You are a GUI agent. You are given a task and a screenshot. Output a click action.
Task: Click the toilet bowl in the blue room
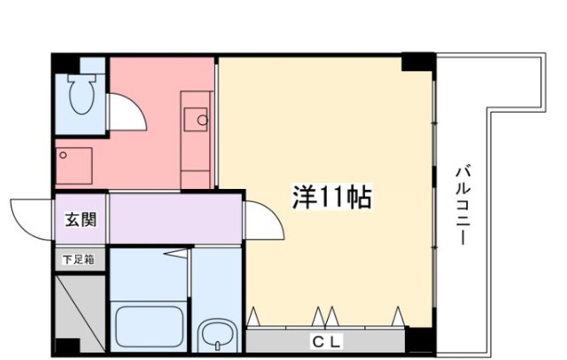(x=82, y=96)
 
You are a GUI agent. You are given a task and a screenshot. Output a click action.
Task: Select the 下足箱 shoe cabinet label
(x=80, y=260)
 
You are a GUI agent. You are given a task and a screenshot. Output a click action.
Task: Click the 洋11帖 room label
(x=332, y=198)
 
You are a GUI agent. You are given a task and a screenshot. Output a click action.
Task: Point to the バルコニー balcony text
(x=462, y=206)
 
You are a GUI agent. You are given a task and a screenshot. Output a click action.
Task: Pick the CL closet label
(x=324, y=341)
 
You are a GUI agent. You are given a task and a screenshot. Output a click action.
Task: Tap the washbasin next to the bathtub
(x=216, y=336)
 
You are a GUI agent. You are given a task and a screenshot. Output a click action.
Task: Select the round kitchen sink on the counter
(x=201, y=120)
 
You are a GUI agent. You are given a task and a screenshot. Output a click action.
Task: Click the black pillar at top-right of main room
(x=418, y=63)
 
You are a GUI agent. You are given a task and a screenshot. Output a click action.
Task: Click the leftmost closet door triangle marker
(x=255, y=315)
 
